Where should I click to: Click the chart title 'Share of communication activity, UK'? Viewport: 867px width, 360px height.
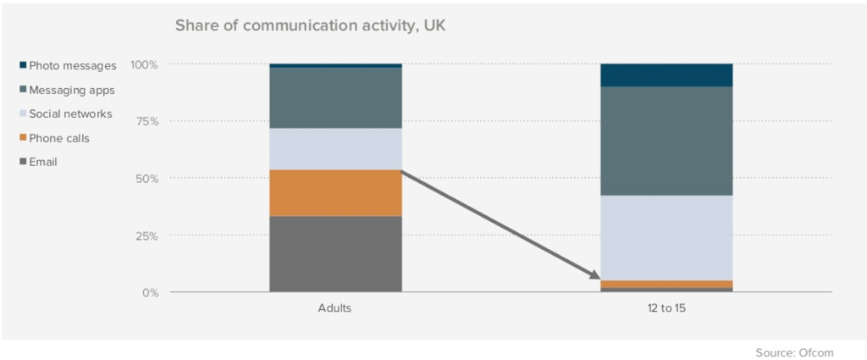click(x=310, y=25)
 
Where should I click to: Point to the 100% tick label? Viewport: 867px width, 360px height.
click(x=144, y=64)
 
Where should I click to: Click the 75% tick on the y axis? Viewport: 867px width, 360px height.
click(x=147, y=121)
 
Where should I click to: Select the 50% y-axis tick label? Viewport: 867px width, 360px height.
click(x=147, y=179)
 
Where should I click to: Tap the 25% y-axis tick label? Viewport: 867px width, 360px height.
click(x=147, y=235)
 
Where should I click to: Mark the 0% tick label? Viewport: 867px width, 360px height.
click(x=151, y=293)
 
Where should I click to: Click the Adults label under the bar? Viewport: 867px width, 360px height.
click(x=335, y=309)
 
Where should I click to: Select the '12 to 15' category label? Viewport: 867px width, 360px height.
click(x=665, y=309)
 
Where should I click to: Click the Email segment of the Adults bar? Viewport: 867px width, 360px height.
click(x=335, y=254)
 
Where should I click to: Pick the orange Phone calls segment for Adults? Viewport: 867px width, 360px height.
click(x=335, y=193)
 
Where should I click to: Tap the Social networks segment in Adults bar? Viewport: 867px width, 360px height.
click(x=335, y=149)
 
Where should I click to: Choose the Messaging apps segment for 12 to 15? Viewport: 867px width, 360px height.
click(x=665, y=141)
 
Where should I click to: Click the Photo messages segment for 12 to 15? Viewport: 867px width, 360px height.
click(x=665, y=75)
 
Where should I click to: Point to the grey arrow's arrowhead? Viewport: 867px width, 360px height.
click(x=592, y=275)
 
